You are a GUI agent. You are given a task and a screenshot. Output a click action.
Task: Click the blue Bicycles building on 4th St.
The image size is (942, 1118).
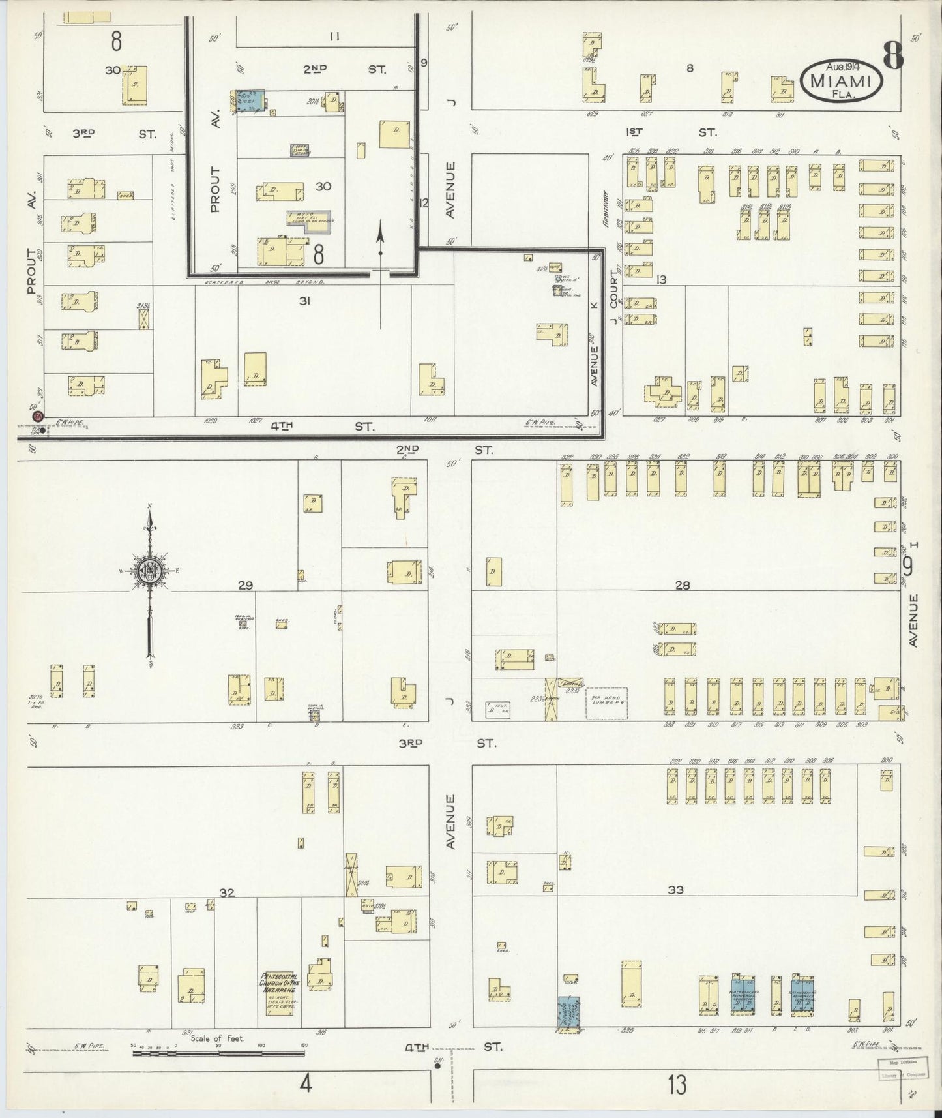tap(569, 1014)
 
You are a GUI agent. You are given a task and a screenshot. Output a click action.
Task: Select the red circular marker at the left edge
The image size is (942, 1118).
tap(37, 416)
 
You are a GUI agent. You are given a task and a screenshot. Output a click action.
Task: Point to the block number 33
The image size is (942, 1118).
tap(675, 889)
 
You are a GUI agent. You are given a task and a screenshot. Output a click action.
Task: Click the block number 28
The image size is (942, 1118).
tap(682, 586)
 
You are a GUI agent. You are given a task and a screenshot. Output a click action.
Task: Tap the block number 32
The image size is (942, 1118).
tap(226, 893)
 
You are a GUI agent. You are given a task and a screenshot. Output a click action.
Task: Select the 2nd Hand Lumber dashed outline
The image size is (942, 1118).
tap(606, 703)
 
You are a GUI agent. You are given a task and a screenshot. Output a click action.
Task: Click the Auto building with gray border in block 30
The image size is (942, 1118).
tap(310, 220)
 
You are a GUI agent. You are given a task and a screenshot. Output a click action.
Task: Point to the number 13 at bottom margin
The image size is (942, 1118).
tap(677, 1085)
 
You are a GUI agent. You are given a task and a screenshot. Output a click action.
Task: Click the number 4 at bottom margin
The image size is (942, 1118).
tap(304, 1085)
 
